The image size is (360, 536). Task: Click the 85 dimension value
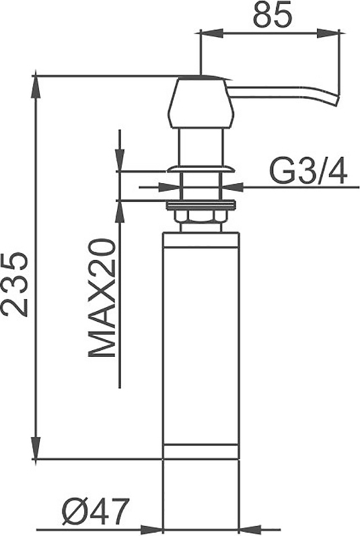273,15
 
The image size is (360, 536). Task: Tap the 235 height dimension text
14,285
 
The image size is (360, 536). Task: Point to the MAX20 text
102,298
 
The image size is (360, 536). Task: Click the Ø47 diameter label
96,510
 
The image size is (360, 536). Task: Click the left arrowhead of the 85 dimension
211,34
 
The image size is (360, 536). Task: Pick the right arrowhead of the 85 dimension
328,34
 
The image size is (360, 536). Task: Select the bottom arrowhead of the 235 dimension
36,448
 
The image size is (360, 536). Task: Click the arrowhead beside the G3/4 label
233,187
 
